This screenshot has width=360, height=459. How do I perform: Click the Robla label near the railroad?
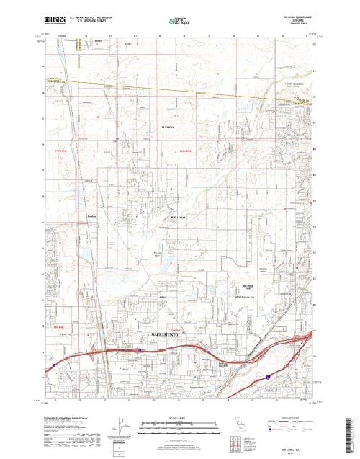click(111, 216)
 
